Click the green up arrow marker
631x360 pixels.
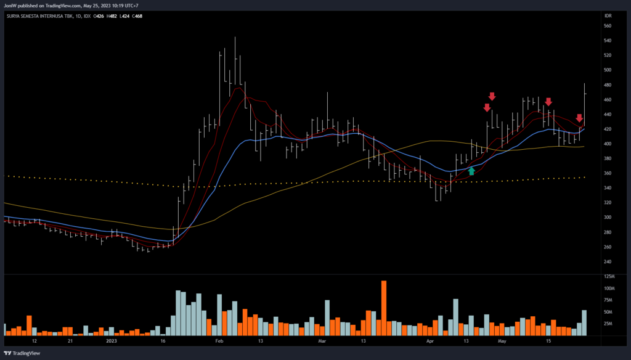point(472,171)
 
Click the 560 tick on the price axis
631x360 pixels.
point(607,27)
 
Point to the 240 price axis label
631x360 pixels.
point(607,261)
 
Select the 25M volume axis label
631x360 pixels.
point(609,323)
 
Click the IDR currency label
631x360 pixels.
point(607,16)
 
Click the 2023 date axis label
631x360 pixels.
point(111,340)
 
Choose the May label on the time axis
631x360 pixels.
point(503,340)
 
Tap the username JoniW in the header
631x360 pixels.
point(10,6)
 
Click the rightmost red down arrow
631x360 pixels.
point(579,118)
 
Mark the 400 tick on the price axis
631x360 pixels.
point(607,144)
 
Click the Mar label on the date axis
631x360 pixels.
point(321,340)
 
